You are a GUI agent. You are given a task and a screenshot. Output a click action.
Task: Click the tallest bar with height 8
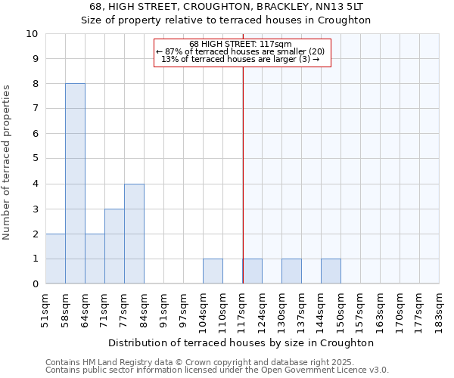click(75, 184)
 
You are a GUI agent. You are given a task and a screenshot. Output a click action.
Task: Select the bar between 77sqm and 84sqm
click(134, 234)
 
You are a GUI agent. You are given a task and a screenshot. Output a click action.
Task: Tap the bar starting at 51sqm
click(55, 259)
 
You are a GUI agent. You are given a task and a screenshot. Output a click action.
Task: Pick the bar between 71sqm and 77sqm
click(114, 246)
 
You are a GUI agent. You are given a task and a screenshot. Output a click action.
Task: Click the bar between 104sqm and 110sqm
click(213, 271)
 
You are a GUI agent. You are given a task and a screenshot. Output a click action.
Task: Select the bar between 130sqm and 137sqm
click(291, 271)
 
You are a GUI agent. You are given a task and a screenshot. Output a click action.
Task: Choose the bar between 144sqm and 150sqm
click(331, 271)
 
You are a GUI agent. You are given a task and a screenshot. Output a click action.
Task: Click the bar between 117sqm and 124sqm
click(252, 271)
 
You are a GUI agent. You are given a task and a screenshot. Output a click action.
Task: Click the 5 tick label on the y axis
click(35, 159)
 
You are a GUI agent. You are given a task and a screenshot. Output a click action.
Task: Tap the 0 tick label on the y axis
click(35, 284)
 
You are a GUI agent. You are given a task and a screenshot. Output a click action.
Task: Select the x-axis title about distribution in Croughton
click(242, 342)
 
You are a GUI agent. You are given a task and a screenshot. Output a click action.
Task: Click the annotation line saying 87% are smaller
click(242, 51)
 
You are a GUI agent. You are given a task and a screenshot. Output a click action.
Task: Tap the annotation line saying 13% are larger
click(242, 59)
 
